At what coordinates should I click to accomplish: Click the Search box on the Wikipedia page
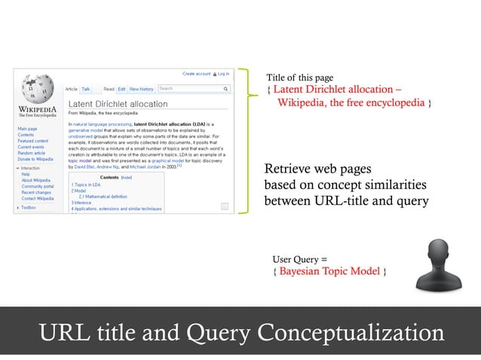193,89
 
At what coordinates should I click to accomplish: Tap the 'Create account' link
197,74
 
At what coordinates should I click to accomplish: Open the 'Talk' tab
86,89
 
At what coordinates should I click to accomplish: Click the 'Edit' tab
121,89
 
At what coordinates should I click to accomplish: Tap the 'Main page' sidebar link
28,129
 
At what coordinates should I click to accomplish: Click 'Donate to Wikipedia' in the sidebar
35,159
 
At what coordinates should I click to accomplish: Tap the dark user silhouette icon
437,264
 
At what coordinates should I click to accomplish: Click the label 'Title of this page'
299,78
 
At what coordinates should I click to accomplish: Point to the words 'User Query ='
299,258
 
